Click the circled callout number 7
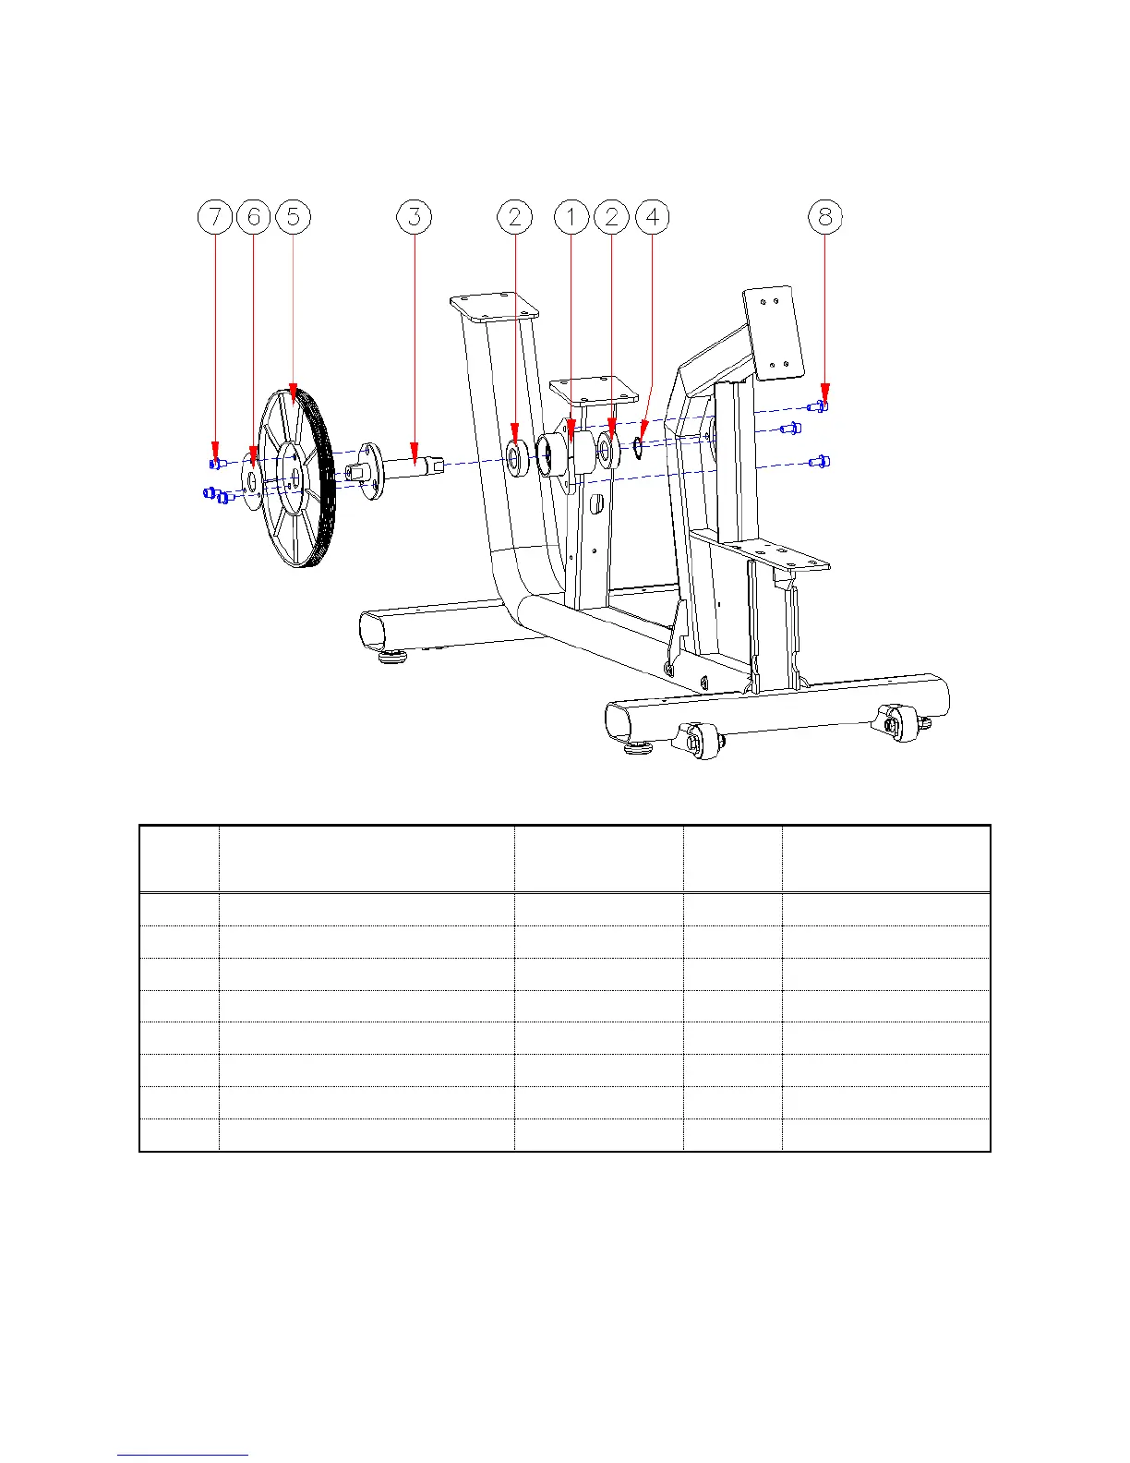click(x=216, y=217)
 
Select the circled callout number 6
click(x=254, y=217)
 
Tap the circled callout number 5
click(x=294, y=217)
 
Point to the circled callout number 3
click(x=415, y=217)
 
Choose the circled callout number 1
click(x=571, y=217)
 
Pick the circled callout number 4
click(x=653, y=217)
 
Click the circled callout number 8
click(x=825, y=217)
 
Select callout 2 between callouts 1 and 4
click(x=611, y=217)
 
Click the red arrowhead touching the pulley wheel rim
click(x=294, y=394)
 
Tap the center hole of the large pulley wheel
click(x=295, y=476)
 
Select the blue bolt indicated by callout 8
click(x=818, y=406)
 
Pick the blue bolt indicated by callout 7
click(x=216, y=463)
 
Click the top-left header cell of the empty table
click(x=179, y=859)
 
